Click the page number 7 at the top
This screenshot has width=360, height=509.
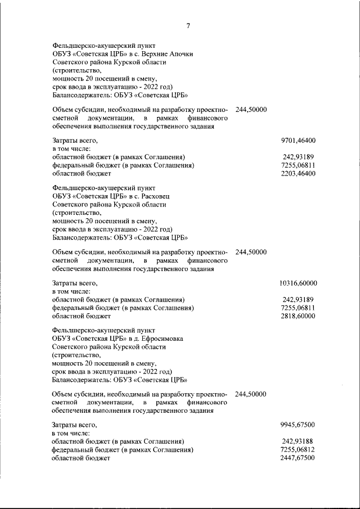coord(188,25)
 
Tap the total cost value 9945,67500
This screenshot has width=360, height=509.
coord(298,425)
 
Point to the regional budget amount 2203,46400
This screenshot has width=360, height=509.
coord(298,174)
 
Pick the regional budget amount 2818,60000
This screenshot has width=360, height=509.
coord(298,317)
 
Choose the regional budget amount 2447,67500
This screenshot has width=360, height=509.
coord(298,458)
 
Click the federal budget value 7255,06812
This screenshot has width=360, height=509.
coord(298,450)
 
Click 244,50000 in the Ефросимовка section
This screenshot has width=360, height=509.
coord(251,394)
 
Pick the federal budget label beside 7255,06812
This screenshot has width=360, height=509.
coord(123,450)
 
